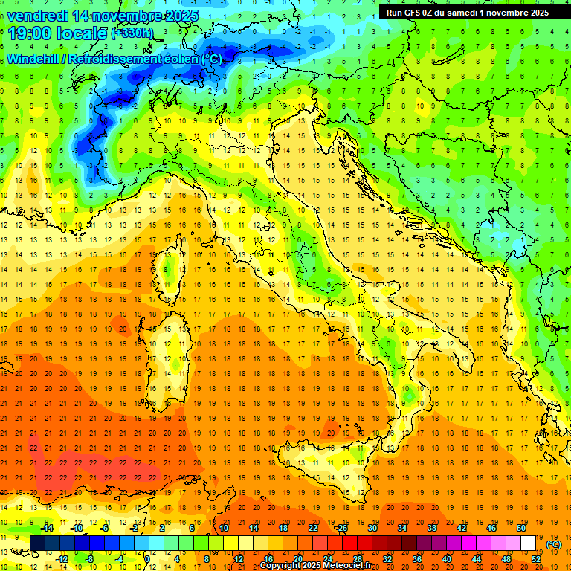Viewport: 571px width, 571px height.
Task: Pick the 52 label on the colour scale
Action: click(537, 559)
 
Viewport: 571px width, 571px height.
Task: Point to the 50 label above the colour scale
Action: click(521, 527)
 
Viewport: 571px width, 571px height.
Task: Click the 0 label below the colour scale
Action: click(147, 559)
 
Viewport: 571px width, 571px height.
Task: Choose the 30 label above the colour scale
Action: click(372, 527)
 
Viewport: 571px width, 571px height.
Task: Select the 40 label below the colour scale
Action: click(447, 559)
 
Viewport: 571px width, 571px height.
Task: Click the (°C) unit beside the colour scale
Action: click(553, 543)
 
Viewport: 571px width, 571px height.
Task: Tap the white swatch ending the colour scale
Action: click(529, 543)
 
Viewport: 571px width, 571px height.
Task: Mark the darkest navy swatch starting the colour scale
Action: click(37, 543)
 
